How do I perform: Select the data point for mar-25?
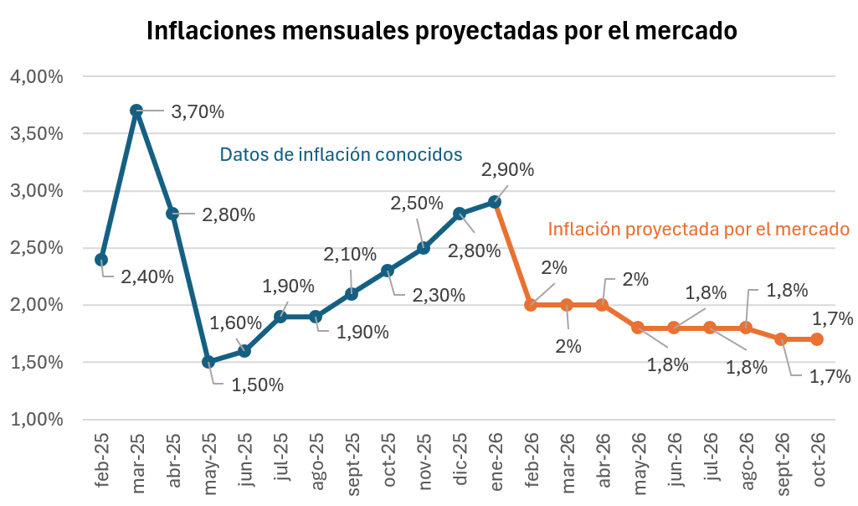click(136, 111)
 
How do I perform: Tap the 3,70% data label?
click(198, 111)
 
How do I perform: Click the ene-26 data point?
click(495, 202)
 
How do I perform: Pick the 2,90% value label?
click(507, 170)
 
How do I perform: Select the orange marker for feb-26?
click(531, 305)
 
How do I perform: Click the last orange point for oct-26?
click(817, 339)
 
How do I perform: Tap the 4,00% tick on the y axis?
click(37, 77)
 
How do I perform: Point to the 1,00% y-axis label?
click(37, 420)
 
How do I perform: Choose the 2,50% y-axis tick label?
click(37, 249)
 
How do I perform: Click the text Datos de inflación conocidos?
click(341, 155)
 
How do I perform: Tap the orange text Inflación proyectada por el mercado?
click(699, 229)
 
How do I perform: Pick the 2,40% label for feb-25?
click(146, 276)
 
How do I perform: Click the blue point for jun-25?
click(244, 351)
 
